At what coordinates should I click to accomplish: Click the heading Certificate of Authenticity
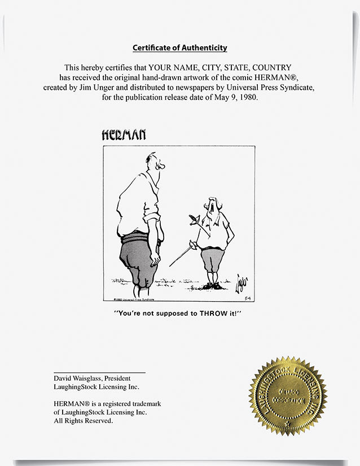[x=179, y=48]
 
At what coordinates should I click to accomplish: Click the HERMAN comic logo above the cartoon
[x=124, y=134]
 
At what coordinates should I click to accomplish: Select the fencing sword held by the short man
[x=182, y=256]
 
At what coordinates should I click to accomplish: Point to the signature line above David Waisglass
[x=99, y=372]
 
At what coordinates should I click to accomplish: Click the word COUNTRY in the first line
[x=270, y=67]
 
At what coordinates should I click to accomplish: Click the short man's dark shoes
[x=212, y=286]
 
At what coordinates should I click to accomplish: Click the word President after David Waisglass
[x=124, y=378]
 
